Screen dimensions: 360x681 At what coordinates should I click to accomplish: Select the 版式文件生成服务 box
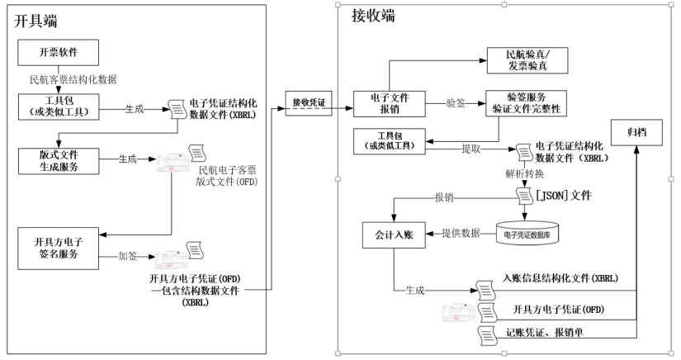tap(58, 161)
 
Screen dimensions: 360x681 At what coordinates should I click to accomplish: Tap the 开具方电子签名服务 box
tap(58, 248)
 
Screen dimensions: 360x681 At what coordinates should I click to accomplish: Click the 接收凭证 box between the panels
tap(309, 102)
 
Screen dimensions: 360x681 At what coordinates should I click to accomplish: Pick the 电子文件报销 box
tap(388, 102)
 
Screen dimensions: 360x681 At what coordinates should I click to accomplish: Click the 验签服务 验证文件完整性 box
tap(526, 102)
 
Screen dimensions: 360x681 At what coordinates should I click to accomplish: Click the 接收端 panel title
tap(371, 17)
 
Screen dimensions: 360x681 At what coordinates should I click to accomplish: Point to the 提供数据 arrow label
tap(461, 234)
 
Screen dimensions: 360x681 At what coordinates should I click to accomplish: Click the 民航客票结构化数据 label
tap(72, 79)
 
